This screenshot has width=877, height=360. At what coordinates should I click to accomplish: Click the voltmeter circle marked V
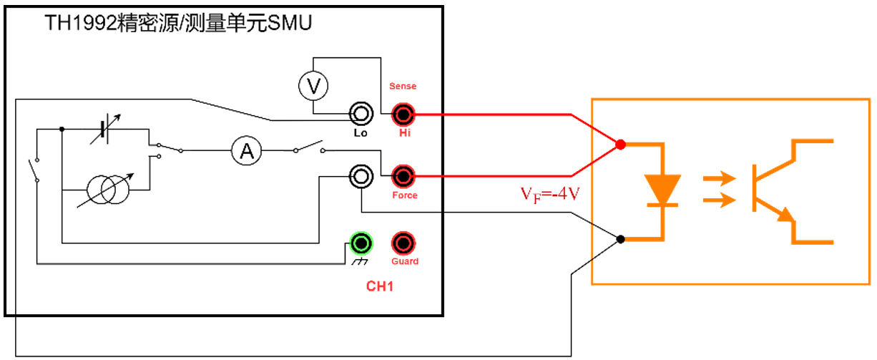tap(313, 87)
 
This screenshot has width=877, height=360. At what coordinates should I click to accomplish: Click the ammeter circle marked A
tap(247, 150)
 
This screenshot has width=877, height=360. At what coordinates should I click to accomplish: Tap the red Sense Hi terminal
tap(403, 113)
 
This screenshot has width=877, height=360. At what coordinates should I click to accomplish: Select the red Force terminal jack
tap(403, 175)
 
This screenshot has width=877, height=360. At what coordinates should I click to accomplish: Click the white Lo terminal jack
tap(361, 113)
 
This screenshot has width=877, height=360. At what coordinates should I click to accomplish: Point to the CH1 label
tap(380, 287)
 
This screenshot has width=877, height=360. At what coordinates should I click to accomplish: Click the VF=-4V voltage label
tap(549, 193)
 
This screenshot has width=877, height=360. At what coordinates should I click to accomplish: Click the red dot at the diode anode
tap(620, 145)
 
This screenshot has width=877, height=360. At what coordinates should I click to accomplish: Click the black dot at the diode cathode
tap(620, 238)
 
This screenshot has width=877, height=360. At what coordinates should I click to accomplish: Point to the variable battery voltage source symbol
tap(106, 130)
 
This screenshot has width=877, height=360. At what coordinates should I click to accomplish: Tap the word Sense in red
tap(403, 86)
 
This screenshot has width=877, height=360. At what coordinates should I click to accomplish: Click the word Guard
tap(405, 261)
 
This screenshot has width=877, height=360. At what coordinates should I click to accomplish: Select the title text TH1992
tap(79, 24)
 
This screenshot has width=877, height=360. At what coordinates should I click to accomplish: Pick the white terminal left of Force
tap(361, 175)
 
